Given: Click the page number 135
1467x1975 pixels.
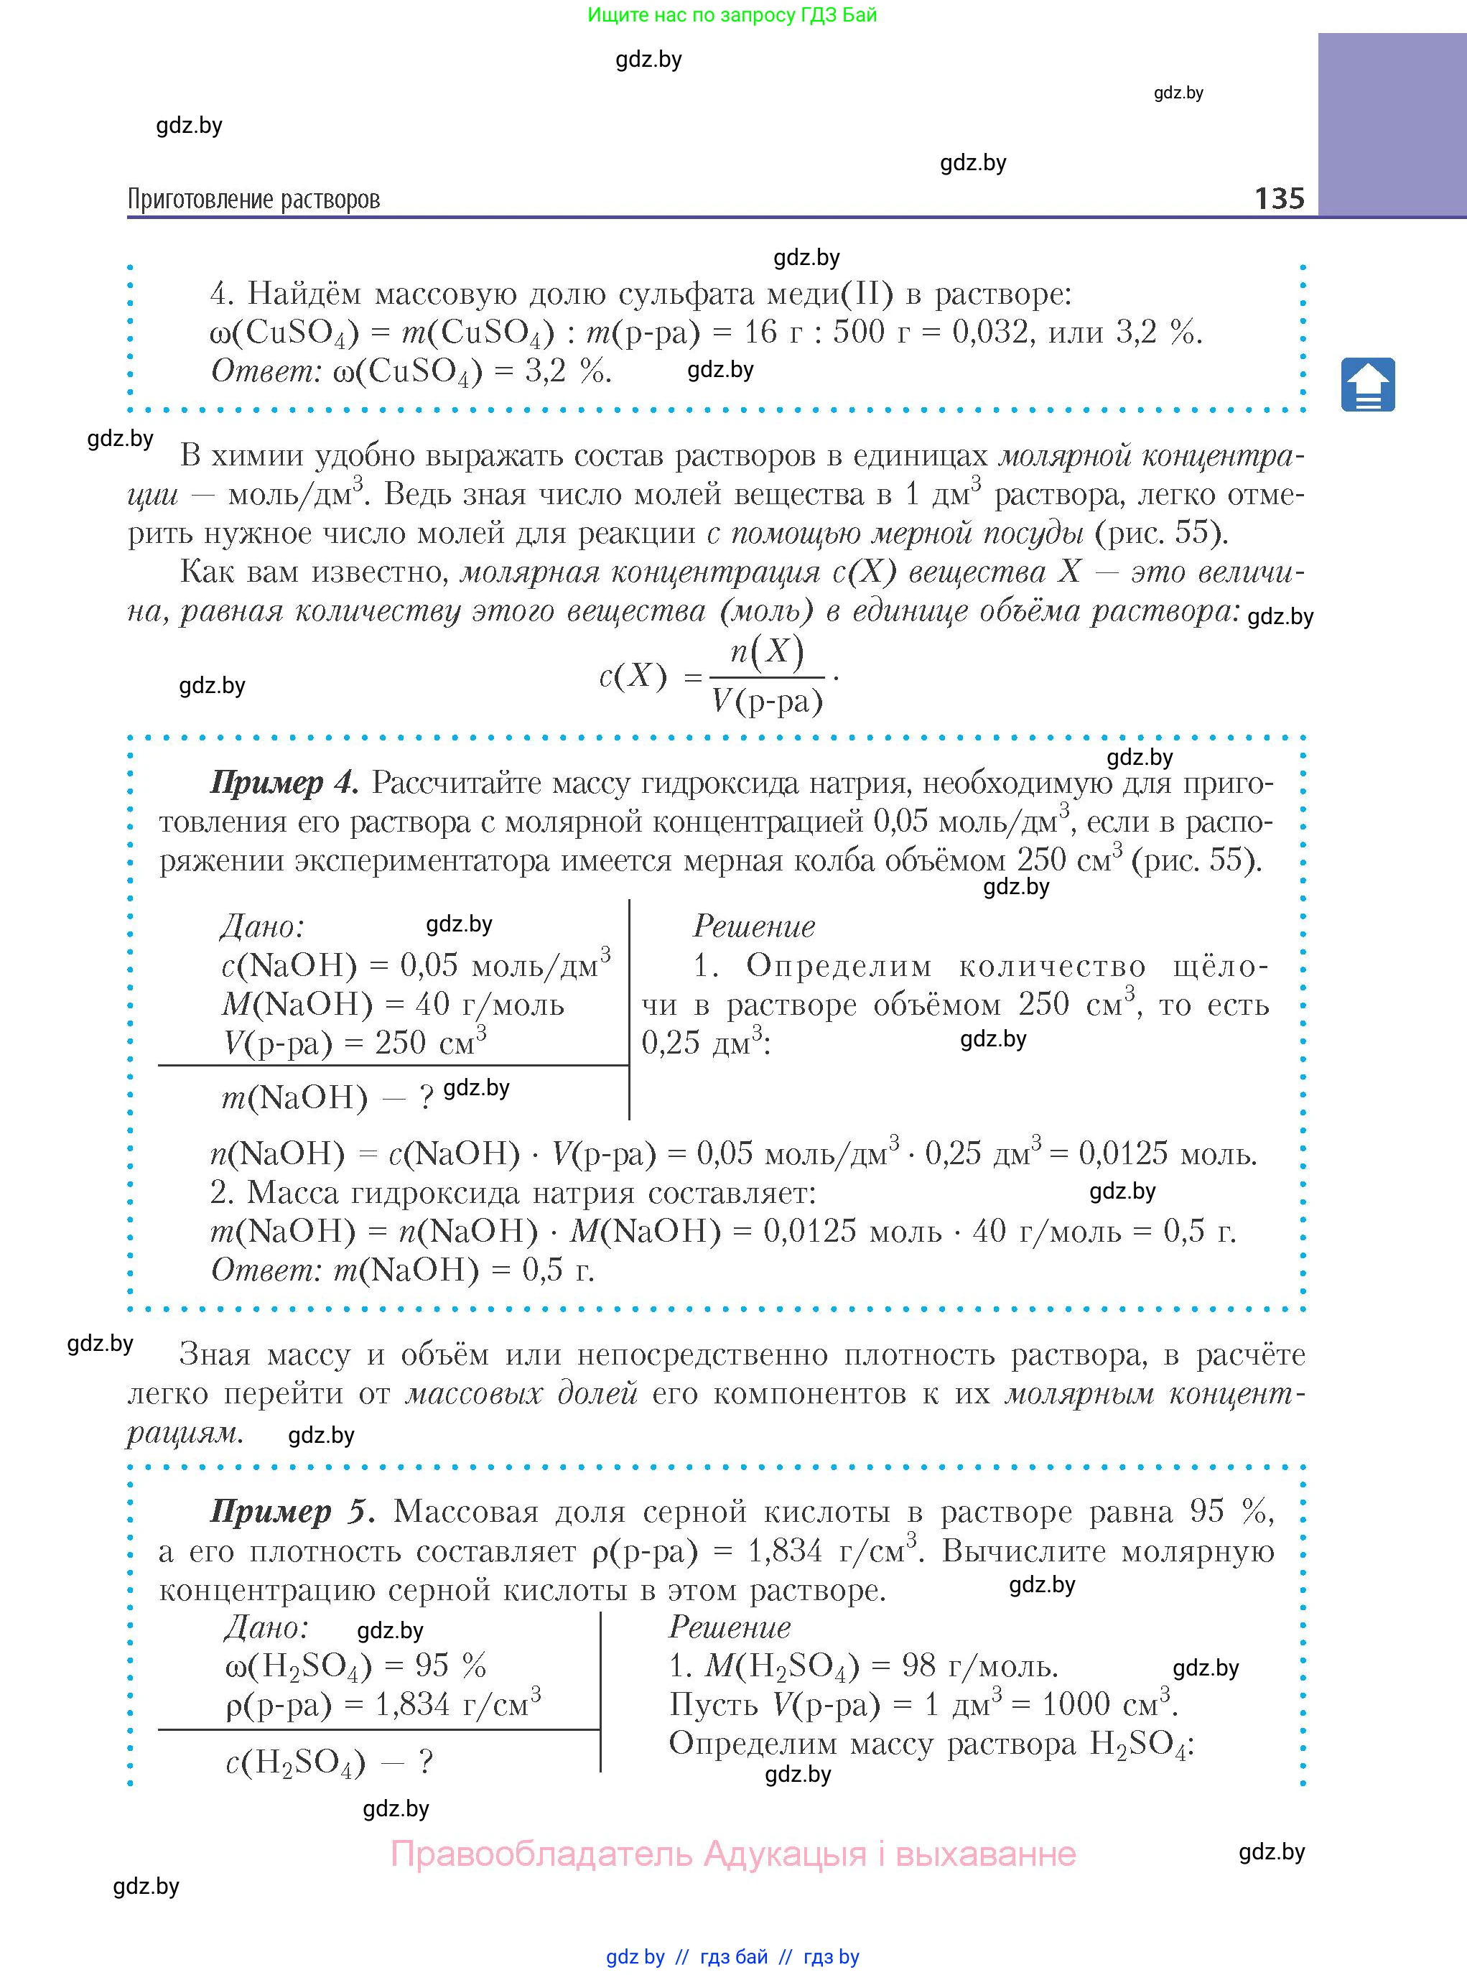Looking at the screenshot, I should pos(1279,198).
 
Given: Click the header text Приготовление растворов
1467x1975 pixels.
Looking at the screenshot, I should pos(254,199).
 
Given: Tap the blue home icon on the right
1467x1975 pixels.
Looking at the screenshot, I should pos(1367,384).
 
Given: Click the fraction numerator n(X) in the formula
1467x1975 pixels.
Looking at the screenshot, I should pos(766,652).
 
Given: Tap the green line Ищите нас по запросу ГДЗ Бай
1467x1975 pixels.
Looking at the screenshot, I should pos(732,15).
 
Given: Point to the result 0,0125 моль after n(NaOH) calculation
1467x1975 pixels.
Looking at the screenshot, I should pos(1167,1153).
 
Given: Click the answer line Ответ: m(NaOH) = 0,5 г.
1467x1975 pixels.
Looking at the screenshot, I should pos(402,1270).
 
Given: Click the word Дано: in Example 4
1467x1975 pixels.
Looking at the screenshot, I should pos(262,926).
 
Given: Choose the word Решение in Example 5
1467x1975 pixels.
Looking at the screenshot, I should pos(729,1627).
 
